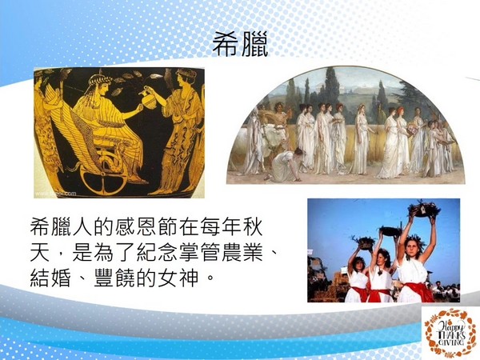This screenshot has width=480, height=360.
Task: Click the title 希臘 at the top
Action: coord(240,44)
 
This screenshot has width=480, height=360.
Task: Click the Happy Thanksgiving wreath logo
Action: coord(449,333)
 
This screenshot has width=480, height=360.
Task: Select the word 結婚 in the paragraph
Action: coord(50,278)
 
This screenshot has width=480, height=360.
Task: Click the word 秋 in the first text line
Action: coord(253,226)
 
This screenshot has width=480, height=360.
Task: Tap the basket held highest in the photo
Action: coord(424,210)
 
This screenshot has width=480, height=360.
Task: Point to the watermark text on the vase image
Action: coord(56,194)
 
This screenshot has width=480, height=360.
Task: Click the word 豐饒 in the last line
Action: coord(114,278)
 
